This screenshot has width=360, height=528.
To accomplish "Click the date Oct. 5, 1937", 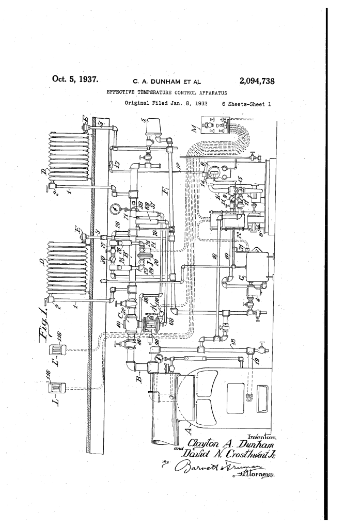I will point(76,80).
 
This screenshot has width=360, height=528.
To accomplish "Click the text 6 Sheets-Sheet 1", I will point(242,104).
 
